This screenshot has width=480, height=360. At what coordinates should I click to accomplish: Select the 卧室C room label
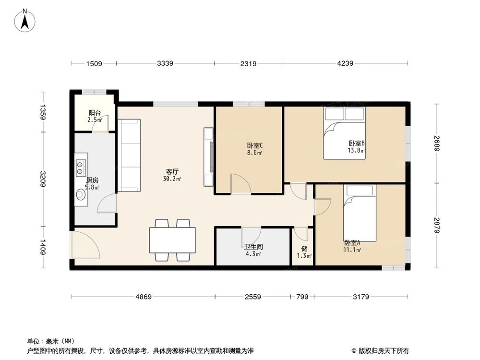coord(254,146)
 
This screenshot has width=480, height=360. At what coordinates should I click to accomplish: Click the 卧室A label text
coord(352,243)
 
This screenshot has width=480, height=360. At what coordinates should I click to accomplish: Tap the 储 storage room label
coord(304,249)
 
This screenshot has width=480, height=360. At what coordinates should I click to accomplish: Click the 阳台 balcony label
coord(95,113)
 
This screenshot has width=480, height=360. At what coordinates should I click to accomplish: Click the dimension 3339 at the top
coord(165,63)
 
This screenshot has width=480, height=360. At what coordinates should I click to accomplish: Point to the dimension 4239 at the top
coord(345,63)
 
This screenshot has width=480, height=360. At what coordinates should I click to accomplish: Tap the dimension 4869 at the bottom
coord(143,297)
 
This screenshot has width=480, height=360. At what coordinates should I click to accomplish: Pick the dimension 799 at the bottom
coord(302,297)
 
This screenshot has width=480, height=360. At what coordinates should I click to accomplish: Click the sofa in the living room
coord(129,156)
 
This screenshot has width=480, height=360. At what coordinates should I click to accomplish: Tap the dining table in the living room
coord(172,240)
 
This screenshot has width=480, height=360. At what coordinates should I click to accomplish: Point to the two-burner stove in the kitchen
coord(80,166)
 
